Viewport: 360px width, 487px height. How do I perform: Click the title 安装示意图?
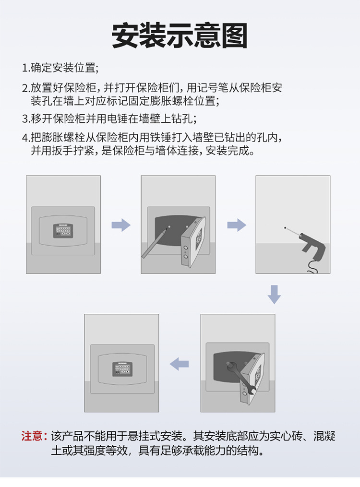[x=180, y=36]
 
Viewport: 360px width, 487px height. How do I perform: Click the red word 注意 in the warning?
[x=32, y=436]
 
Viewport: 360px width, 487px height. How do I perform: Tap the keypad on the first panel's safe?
[x=63, y=231]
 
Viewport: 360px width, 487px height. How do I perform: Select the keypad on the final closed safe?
[x=122, y=369]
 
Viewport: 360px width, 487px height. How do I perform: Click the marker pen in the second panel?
[x=155, y=242]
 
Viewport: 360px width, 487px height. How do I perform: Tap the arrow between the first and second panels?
[x=121, y=225]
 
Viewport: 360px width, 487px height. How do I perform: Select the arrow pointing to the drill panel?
[x=237, y=225]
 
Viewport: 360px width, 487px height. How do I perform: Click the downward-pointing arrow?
[x=274, y=295]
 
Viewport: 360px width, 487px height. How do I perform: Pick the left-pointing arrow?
[x=179, y=364]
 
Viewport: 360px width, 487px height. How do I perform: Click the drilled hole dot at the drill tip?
[x=285, y=228]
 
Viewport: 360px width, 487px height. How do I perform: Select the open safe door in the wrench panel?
[x=252, y=379]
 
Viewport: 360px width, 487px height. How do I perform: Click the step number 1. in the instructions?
[x=26, y=68]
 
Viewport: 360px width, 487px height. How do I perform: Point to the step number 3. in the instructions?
[x=26, y=119]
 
